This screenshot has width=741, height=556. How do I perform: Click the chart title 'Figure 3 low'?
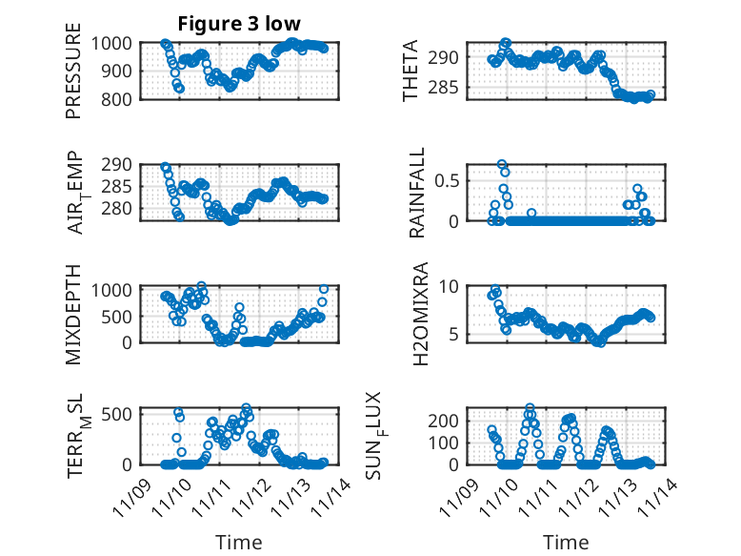click(x=239, y=24)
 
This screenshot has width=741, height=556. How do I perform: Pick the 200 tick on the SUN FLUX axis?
click(x=451, y=420)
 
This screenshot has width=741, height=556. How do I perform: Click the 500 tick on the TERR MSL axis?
click(x=121, y=414)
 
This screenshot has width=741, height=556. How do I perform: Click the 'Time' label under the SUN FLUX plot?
click(x=567, y=542)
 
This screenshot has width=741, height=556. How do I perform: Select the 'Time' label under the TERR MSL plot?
click(x=238, y=542)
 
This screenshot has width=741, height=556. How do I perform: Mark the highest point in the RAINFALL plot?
click(x=502, y=165)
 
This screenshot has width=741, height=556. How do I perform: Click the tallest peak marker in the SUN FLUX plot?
click(x=531, y=408)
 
